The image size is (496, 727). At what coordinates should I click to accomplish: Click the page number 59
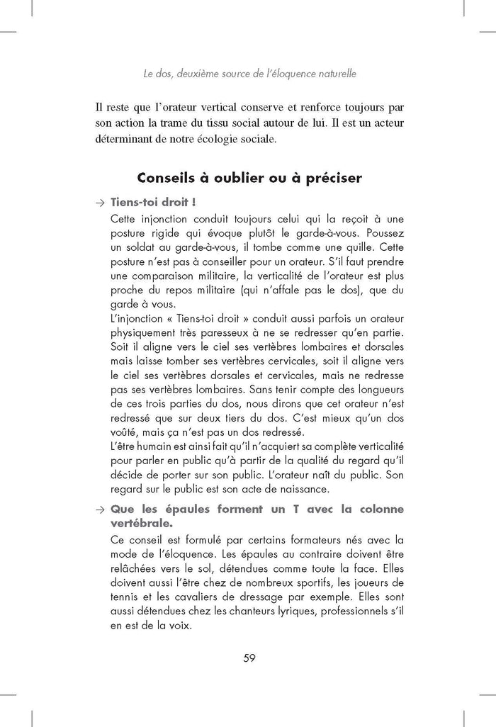[249, 658]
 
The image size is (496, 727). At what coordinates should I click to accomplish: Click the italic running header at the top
[249, 72]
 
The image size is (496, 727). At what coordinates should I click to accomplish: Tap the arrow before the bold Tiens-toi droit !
[99, 203]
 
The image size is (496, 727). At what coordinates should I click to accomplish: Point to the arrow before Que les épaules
[99, 509]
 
